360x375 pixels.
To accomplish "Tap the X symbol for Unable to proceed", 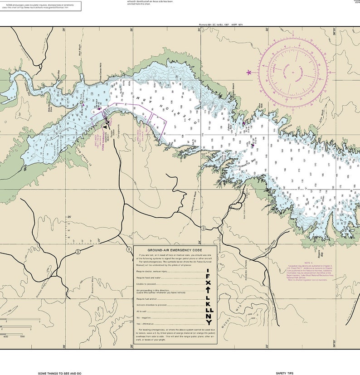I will (x=208, y=279).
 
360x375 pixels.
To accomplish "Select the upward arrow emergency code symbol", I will (x=208, y=288).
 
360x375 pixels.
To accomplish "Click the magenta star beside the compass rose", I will (x=248, y=72).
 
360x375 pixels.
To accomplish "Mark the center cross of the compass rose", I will (x=292, y=72).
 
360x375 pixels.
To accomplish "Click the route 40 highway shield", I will (x=78, y=251).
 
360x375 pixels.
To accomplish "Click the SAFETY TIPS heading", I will (x=284, y=373).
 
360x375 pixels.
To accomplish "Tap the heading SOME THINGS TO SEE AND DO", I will (x=60, y=373).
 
